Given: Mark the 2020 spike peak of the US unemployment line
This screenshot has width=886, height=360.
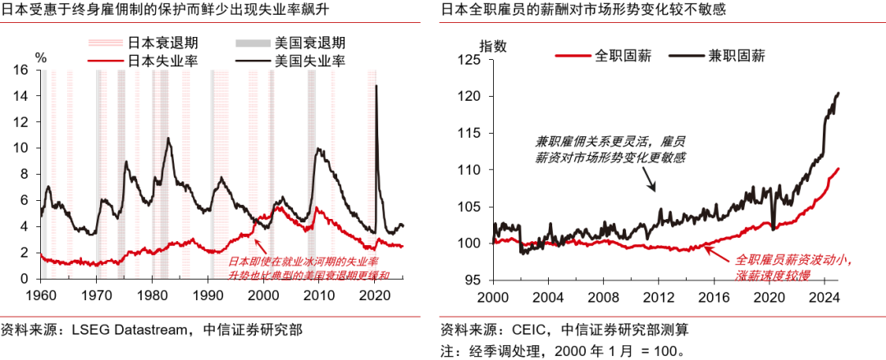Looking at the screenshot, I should click(x=376, y=85).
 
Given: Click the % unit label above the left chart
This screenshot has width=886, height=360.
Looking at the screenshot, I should click(x=41, y=57).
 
